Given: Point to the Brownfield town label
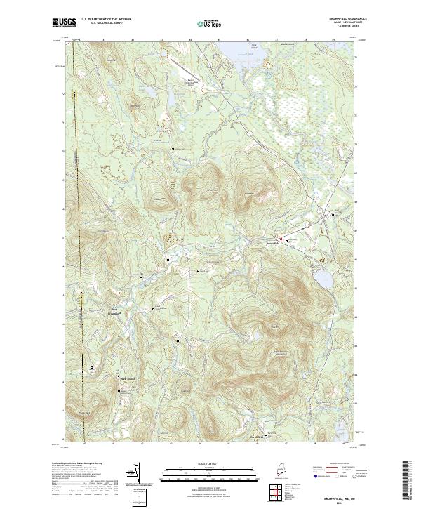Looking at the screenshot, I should pyautogui.click(x=273, y=244).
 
